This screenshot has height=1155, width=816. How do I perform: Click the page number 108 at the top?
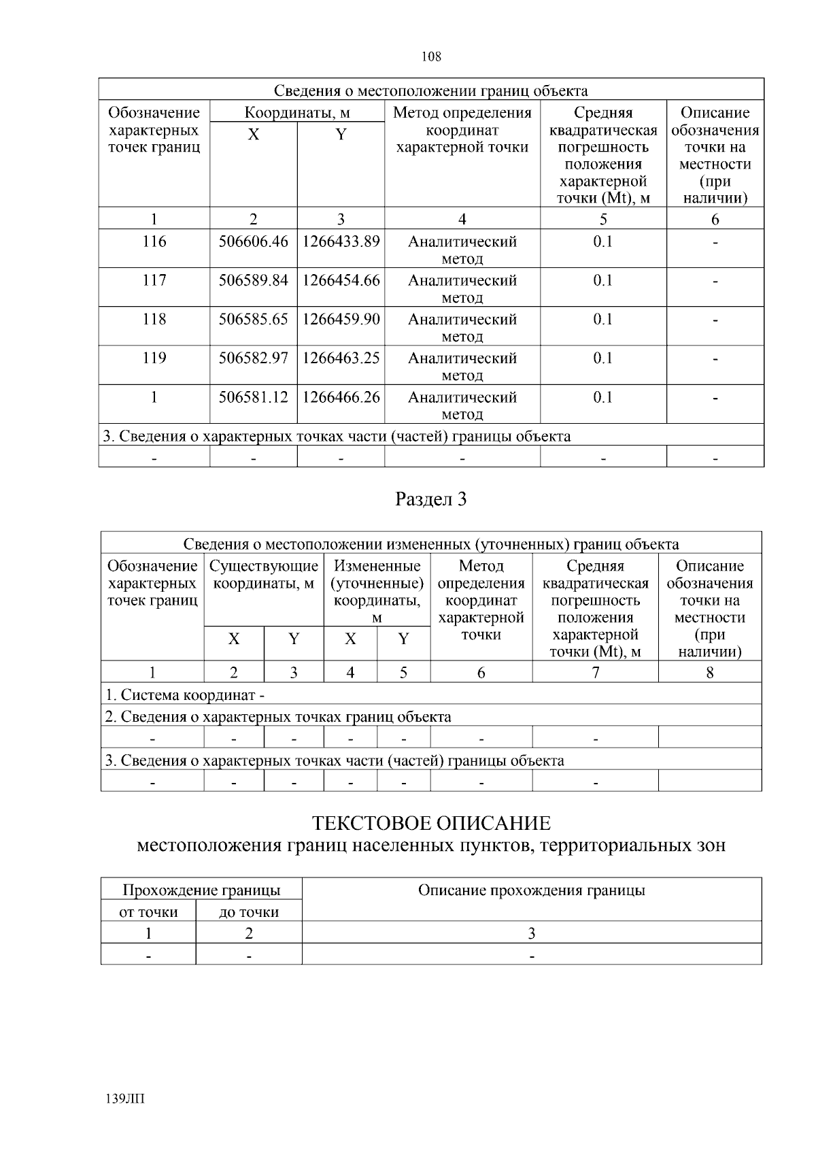[431, 57]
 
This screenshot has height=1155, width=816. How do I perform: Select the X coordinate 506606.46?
[253, 241]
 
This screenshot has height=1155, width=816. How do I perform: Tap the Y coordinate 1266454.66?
[341, 280]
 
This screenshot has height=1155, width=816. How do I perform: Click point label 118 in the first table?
[154, 319]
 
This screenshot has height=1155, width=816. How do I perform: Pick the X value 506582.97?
[253, 358]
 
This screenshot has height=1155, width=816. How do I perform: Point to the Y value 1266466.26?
[341, 397]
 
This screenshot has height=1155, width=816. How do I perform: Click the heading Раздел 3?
[431, 499]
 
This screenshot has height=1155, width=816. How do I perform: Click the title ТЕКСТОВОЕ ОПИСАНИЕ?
[431, 824]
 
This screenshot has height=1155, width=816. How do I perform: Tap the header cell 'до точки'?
[249, 912]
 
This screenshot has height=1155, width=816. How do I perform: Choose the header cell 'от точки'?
[148, 912]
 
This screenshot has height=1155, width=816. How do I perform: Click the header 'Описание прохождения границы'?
[531, 890]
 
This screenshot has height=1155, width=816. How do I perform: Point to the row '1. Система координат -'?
[184, 695]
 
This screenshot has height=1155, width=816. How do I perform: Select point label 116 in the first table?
[154, 241]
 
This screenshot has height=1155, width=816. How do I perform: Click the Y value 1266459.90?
[341, 319]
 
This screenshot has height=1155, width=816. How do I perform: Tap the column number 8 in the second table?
[710, 673]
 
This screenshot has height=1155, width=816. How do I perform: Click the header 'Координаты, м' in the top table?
[297, 112]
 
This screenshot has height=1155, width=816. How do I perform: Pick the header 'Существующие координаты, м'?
[264, 575]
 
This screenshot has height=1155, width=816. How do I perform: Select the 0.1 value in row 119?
[602, 358]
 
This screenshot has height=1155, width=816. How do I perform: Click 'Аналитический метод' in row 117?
[462, 288]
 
